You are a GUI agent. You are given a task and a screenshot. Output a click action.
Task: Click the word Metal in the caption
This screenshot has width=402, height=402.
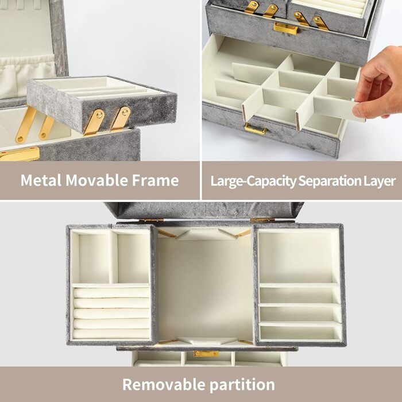coord(41,180)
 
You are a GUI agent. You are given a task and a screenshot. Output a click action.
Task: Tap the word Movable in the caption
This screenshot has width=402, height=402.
coord(96,180)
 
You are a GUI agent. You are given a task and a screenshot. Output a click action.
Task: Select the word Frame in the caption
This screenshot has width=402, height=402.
coord(156,180)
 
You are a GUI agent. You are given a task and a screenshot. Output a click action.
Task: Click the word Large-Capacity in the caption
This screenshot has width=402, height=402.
coord(253,181)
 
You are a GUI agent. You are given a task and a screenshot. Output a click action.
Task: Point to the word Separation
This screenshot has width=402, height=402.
coord(328,181)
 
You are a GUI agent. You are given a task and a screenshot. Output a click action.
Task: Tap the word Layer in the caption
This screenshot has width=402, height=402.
coord(379,181)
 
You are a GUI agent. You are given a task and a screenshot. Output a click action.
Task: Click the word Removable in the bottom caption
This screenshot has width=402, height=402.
coord(164,384)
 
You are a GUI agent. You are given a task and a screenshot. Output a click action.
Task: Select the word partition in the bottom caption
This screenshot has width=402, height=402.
coord(242,385)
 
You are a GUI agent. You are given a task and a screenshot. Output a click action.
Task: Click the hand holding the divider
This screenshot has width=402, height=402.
coord(378,83)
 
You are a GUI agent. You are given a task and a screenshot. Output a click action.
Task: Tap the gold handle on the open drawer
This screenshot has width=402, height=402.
coord(255,129)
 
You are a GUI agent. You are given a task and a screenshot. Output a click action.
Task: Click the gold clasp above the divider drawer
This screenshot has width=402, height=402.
coord(286,29)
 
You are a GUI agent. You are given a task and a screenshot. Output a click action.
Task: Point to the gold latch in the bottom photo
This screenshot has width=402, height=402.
coord(206,354)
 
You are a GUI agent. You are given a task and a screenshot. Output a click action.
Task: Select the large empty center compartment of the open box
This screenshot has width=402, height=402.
coord(206,287)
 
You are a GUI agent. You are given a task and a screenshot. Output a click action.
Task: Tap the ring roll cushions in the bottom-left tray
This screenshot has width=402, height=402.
coord(111,313)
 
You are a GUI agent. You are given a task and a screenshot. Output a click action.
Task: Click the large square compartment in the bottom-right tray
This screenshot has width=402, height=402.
coord(296,257)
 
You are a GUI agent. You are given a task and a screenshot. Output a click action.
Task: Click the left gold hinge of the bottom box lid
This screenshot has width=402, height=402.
coord(151,220)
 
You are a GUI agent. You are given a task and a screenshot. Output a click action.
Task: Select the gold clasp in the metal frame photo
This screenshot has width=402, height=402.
coord(20,154)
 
